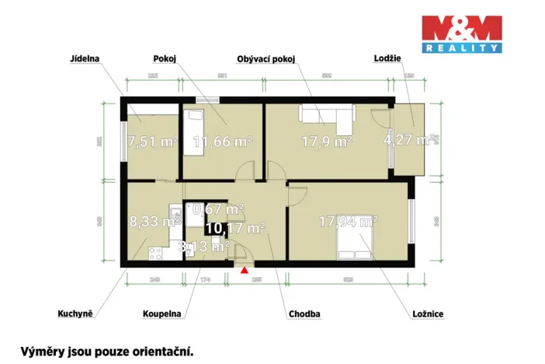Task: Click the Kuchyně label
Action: [75, 313]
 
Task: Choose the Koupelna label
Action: [161, 313]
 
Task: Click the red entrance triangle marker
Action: [245, 271]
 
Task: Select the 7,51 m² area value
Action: [153, 142]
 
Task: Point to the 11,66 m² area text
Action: [224, 142]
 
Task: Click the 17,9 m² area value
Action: [326, 142]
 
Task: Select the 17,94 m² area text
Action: [348, 222]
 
